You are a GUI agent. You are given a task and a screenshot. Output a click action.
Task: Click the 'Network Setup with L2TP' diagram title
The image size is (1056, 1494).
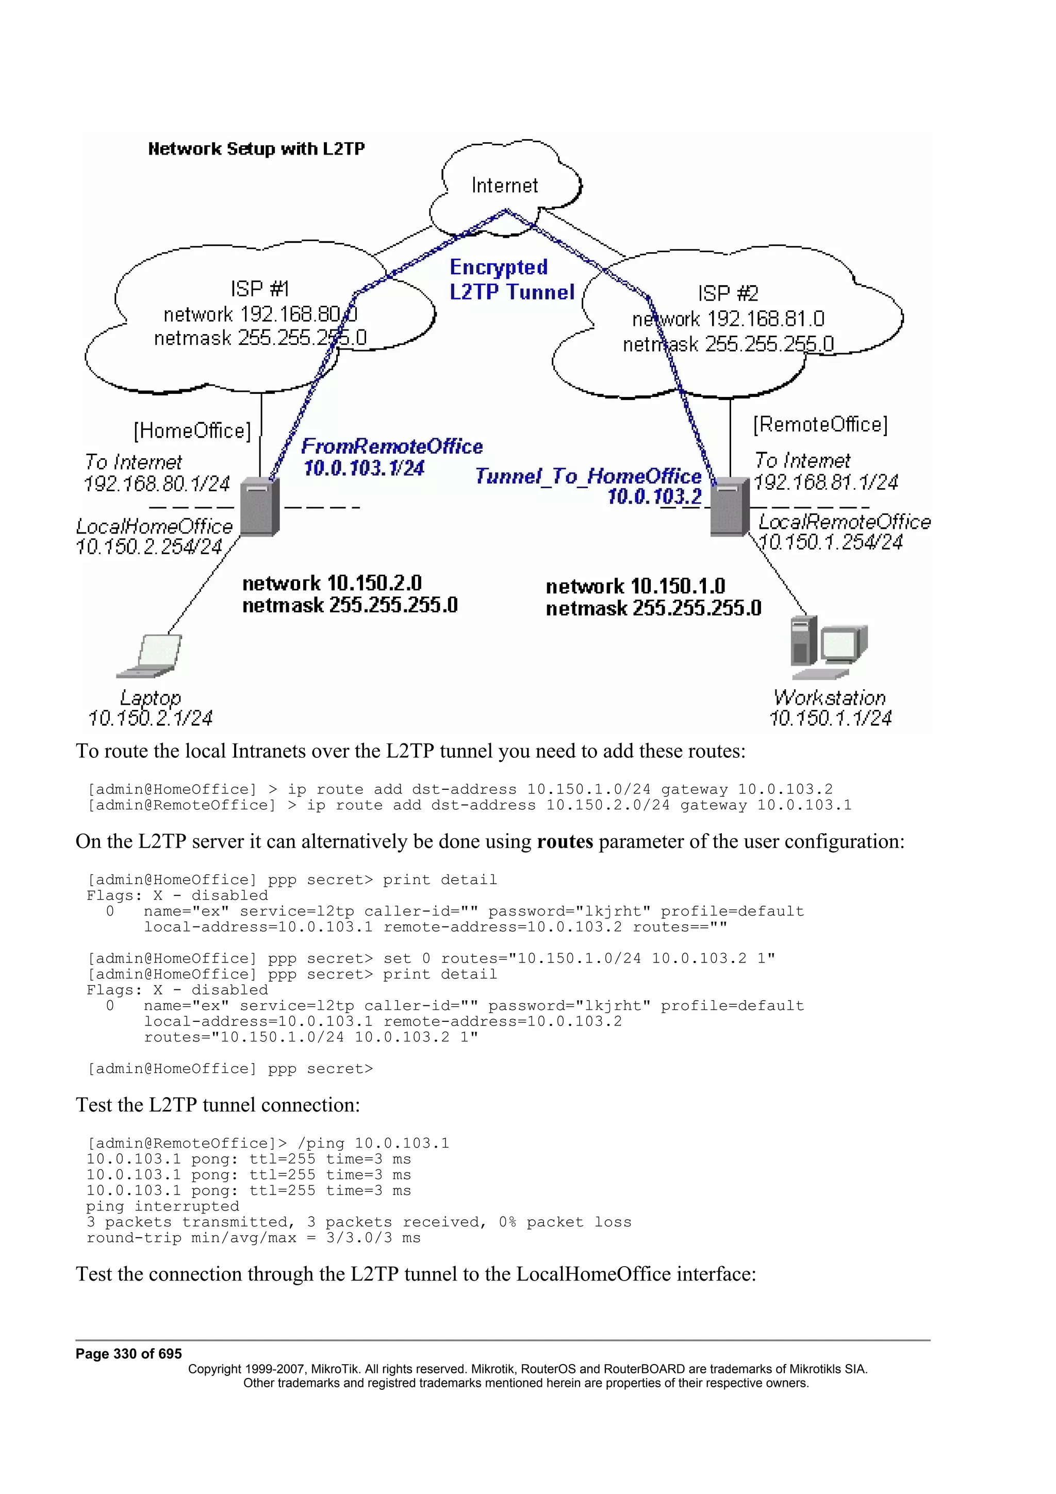click(x=256, y=149)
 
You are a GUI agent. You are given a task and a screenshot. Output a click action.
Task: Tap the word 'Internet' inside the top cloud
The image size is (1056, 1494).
click(x=504, y=186)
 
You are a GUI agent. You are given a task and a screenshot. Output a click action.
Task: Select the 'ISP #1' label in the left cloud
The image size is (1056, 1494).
click(x=259, y=288)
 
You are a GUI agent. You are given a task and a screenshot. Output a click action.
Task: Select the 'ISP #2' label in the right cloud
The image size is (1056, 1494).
click(x=728, y=293)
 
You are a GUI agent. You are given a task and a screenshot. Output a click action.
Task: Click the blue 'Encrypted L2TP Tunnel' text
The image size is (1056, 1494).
click(x=511, y=280)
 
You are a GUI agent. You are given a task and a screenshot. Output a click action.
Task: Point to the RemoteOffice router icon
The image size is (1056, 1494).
click(x=729, y=507)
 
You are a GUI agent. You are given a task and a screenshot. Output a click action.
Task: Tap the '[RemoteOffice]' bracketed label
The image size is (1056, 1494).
click(x=820, y=424)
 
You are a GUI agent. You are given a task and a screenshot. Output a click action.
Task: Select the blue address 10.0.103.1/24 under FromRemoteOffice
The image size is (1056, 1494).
click(x=364, y=468)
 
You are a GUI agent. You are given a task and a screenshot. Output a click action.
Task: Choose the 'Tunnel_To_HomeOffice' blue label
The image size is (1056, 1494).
click(x=587, y=476)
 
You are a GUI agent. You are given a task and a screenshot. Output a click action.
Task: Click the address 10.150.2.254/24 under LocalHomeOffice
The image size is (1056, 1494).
click(x=149, y=546)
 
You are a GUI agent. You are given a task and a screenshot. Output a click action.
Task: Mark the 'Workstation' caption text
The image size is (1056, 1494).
click(x=830, y=698)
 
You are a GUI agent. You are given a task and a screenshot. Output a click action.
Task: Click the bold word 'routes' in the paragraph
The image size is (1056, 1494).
click(x=564, y=841)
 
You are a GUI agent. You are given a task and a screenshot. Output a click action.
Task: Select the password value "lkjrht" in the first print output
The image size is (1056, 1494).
click(x=613, y=911)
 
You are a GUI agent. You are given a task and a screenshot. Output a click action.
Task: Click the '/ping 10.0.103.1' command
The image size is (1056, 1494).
click(x=373, y=1143)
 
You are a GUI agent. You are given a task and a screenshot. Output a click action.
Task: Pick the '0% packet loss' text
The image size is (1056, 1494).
click(x=565, y=1222)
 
